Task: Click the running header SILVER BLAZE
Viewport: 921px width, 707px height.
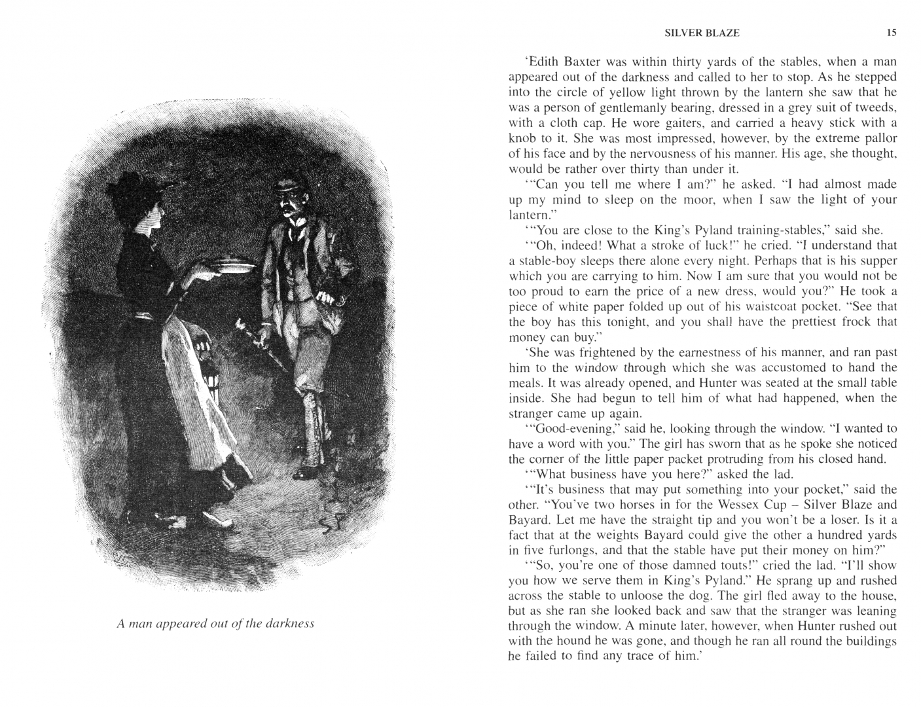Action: [x=702, y=33]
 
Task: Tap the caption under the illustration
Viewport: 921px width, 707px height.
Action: [x=215, y=623]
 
